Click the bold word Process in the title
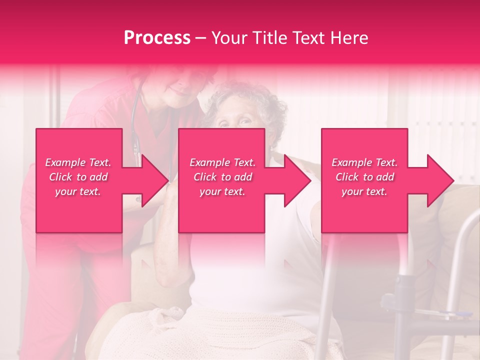(157, 37)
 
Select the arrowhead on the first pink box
(154, 180)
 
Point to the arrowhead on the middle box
(297, 180)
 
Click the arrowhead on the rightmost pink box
(440, 180)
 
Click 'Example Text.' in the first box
(78, 162)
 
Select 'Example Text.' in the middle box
(222, 162)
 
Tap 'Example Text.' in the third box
(364, 162)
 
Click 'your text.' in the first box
(78, 191)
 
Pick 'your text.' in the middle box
(222, 191)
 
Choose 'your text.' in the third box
(364, 191)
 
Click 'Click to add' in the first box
(78, 177)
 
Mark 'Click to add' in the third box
(364, 177)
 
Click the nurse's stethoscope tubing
(134, 120)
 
